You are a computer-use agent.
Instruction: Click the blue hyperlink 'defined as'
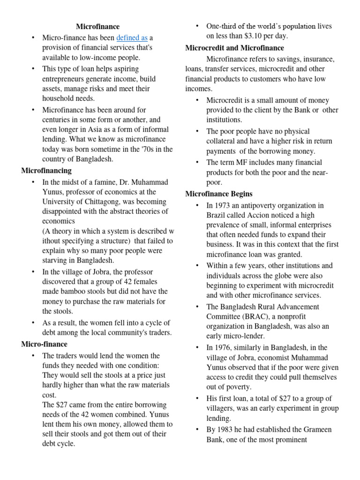click(132, 38)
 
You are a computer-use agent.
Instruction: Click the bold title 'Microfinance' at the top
click(98, 27)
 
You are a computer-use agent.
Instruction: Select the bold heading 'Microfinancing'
click(46, 170)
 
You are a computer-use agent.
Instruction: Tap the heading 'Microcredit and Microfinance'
click(234, 48)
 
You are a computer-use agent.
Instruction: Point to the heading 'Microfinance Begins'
click(219, 194)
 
